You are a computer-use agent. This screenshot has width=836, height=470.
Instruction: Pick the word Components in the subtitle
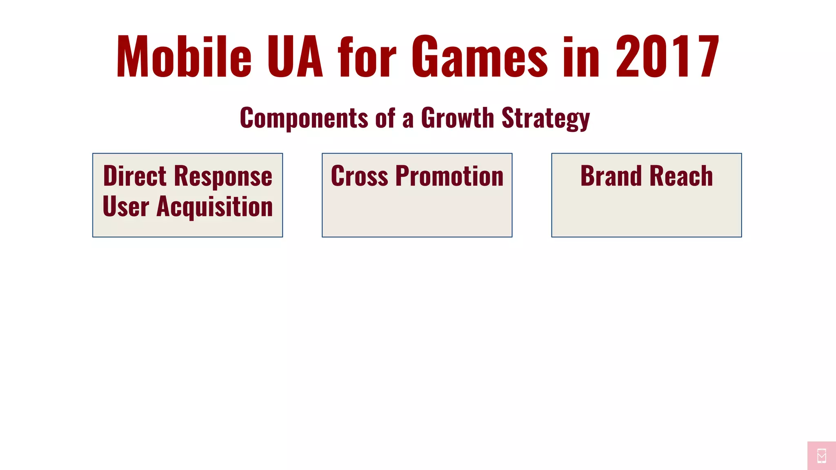click(x=304, y=118)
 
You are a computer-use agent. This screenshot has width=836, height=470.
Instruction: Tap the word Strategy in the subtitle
click(x=545, y=118)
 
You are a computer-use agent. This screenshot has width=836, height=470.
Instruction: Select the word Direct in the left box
click(x=135, y=176)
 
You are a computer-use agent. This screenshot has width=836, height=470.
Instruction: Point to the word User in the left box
click(x=125, y=206)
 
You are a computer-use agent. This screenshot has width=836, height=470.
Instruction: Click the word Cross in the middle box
click(x=359, y=176)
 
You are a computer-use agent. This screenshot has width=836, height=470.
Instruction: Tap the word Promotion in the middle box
click(x=449, y=176)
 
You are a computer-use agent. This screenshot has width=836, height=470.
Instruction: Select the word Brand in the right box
click(x=611, y=176)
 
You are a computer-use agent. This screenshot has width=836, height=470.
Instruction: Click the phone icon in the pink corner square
click(x=822, y=456)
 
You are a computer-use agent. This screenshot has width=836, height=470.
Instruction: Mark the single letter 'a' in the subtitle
click(x=408, y=119)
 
